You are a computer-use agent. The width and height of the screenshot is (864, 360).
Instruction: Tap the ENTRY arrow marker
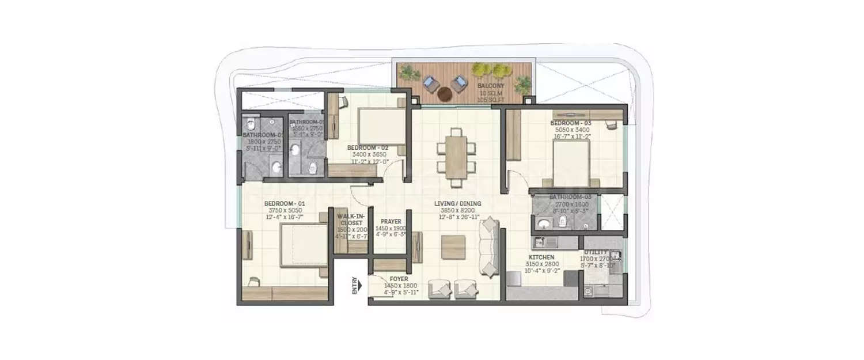[x=357, y=286]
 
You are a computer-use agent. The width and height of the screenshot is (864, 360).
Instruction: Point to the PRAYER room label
[x=391, y=221]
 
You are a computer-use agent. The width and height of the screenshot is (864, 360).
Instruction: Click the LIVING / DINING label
[x=458, y=204]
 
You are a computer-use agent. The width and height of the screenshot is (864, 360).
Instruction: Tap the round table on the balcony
[x=445, y=93]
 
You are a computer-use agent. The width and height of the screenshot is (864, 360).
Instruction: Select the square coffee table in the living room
[x=453, y=247]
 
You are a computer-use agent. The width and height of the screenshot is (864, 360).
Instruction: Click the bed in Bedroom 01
[x=302, y=245]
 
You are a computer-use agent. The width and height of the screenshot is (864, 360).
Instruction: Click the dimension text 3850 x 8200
[x=458, y=211]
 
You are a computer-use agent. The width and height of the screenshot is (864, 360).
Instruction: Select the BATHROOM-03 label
[x=567, y=197]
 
